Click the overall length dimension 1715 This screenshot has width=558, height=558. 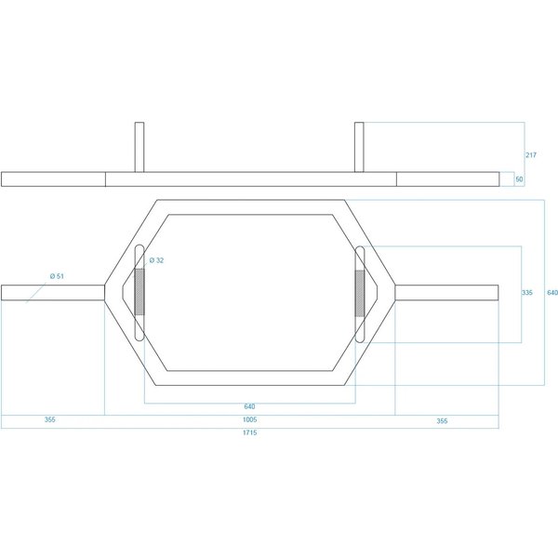tap(249, 432)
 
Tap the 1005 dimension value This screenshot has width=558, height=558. tap(249, 419)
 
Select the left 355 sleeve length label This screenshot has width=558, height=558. tap(50, 419)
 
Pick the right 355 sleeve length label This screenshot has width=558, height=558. tap(442, 421)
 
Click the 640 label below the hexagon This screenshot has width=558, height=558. tap(249, 406)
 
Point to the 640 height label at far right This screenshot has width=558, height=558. tap(552, 293)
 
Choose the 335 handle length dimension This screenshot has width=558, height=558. tap(527, 293)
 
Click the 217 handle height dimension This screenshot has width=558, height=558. tap(531, 154)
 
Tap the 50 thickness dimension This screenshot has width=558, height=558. tap(519, 179)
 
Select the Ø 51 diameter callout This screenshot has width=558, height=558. tap(57, 276)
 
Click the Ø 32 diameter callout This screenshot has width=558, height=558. tap(156, 260)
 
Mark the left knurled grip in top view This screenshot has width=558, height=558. tap(139, 292)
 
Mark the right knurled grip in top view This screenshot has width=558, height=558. tap(360, 293)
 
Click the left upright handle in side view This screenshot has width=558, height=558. tap(139, 147)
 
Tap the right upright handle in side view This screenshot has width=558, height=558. tap(359, 147)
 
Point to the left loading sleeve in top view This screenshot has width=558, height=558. tap(53, 293)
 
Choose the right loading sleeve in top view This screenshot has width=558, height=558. tap(446, 293)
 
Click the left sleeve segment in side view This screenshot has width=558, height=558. tap(53, 179)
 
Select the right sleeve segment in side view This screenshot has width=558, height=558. tap(448, 179)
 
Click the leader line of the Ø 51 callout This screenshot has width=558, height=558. tap(36, 293)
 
